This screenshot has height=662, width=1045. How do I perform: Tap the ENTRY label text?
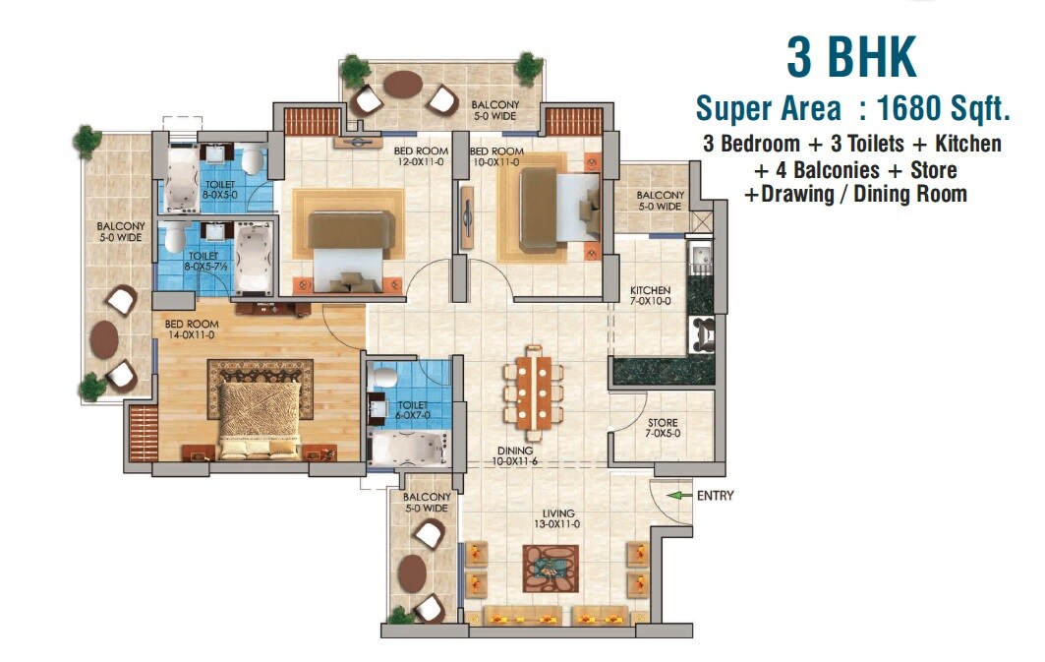(715, 496)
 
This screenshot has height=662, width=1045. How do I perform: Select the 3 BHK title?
(851, 58)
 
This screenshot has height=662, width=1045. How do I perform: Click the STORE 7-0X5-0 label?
(663, 428)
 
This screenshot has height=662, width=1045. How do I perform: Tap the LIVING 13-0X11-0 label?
(555, 518)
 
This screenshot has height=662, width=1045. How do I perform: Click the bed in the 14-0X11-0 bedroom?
(255, 417)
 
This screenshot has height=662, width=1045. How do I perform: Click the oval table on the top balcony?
(402, 85)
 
